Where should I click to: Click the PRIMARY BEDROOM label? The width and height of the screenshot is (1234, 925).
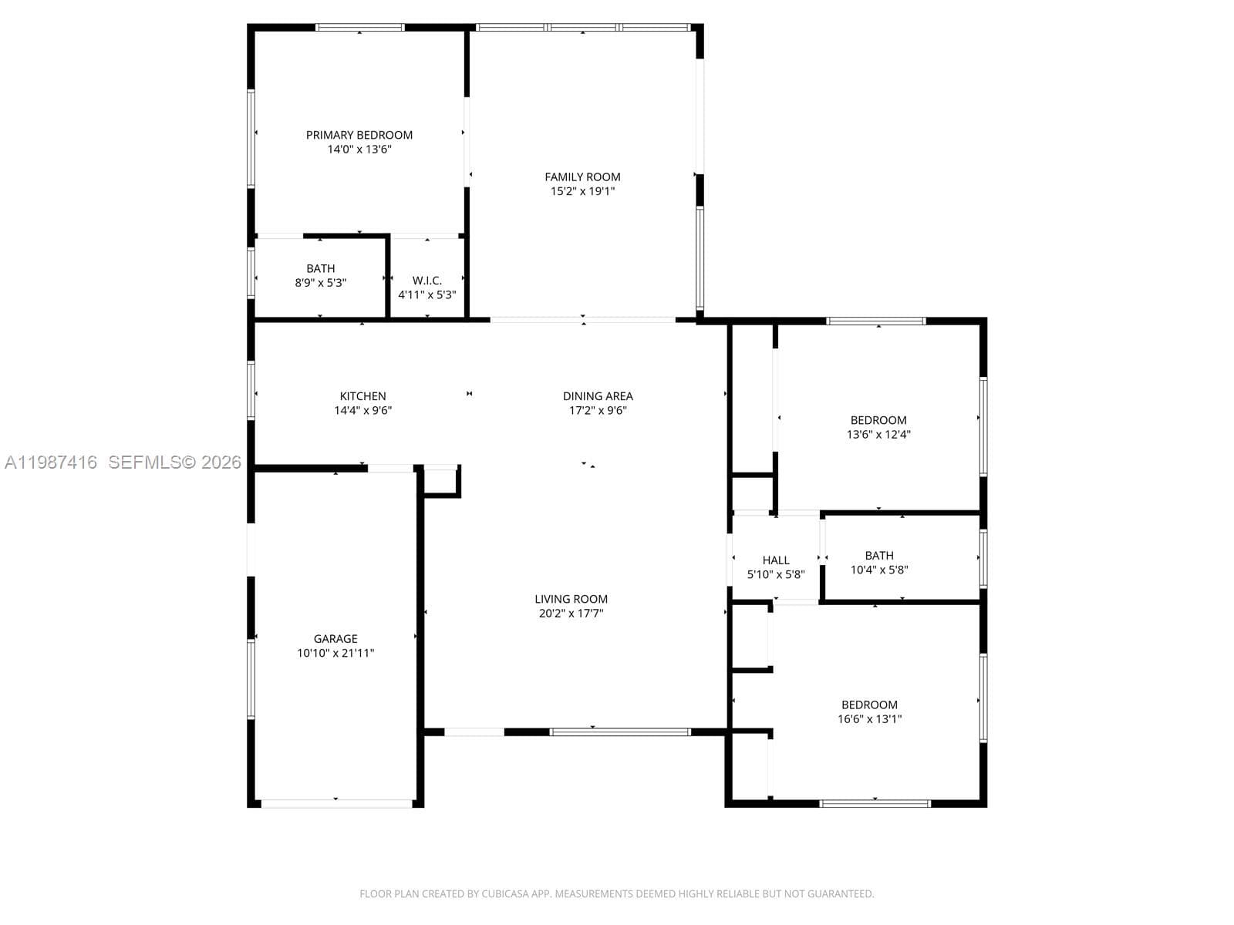click(x=359, y=135)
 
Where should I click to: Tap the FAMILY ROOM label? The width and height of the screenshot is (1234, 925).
click(x=582, y=177)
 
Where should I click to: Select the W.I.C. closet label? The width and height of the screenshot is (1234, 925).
click(x=427, y=281)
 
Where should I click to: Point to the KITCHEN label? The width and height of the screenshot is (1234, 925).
click(x=362, y=396)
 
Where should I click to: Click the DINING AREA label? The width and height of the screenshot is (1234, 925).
click(x=598, y=396)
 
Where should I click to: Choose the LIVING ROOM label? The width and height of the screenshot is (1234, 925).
click(x=571, y=599)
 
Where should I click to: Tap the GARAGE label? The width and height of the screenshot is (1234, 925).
click(x=335, y=638)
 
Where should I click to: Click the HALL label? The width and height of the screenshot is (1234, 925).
click(x=776, y=560)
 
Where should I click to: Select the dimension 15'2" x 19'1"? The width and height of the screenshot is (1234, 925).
click(x=582, y=191)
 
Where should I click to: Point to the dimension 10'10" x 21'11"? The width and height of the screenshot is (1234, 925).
click(x=335, y=653)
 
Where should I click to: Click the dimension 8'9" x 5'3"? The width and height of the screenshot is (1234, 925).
click(x=320, y=282)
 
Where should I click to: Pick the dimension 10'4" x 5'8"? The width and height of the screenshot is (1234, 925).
click(x=878, y=570)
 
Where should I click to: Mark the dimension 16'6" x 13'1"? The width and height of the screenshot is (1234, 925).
click(x=869, y=719)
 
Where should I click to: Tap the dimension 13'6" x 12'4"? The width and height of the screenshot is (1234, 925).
click(x=878, y=434)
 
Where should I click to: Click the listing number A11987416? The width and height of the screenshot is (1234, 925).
click(x=51, y=462)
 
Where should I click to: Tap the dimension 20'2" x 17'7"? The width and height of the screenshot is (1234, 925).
click(x=571, y=613)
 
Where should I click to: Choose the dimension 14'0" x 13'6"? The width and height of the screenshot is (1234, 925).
click(x=359, y=149)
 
